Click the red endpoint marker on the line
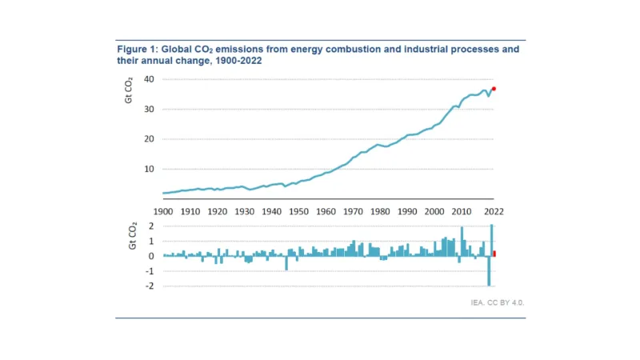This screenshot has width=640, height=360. click(x=494, y=89)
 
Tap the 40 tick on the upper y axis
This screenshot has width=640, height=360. click(x=150, y=79)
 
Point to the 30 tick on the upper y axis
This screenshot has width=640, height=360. click(x=150, y=109)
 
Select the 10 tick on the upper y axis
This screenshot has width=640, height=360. click(x=150, y=169)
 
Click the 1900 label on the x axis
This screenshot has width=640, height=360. click(x=162, y=211)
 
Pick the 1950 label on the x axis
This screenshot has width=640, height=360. click(x=298, y=211)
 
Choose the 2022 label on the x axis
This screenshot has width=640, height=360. click(x=493, y=211)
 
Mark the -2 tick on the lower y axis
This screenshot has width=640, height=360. click(x=149, y=286)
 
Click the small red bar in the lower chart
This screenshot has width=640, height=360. click(x=494, y=254)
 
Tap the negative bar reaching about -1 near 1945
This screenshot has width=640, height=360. click(x=286, y=263)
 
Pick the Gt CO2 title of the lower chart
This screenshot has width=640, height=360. click(x=133, y=237)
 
